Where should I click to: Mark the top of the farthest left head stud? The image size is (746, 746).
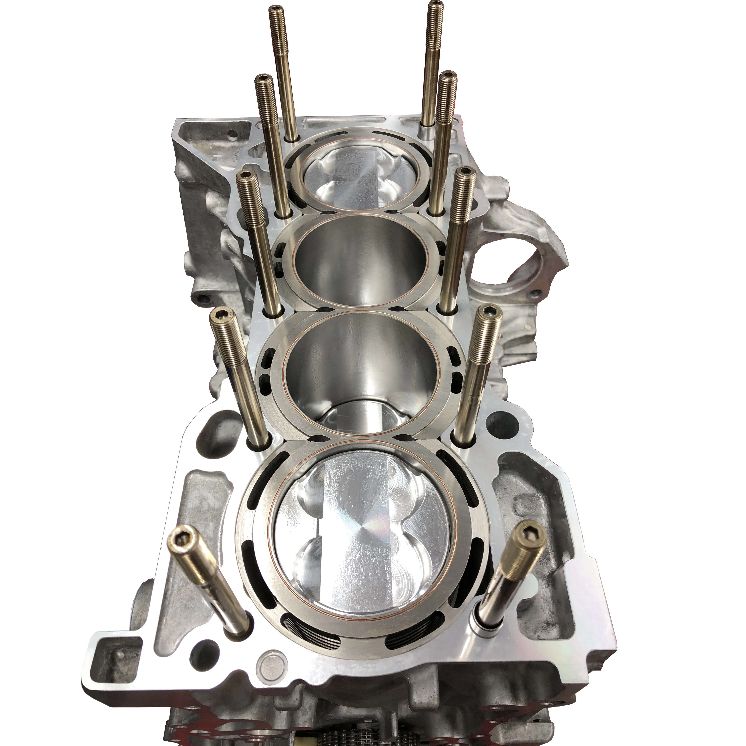(275, 9)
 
